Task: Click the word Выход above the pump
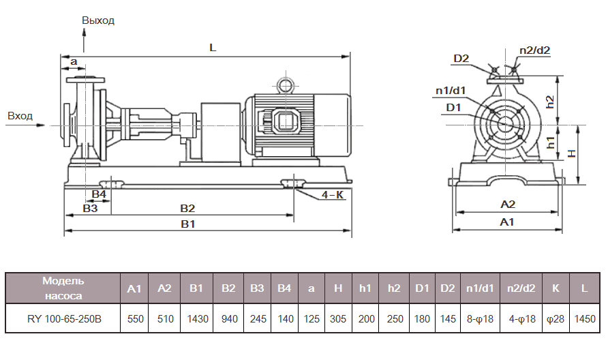pyautogui.click(x=98, y=20)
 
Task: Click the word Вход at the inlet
pyautogui.click(x=20, y=116)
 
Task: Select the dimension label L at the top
pyautogui.click(x=213, y=48)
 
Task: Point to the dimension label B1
pyautogui.click(x=188, y=224)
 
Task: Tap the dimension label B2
pyautogui.click(x=187, y=208)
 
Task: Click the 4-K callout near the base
pyautogui.click(x=333, y=195)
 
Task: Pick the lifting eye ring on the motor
pyautogui.click(x=284, y=84)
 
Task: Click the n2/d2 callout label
pyautogui.click(x=534, y=50)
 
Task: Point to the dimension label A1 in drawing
pyautogui.click(x=507, y=222)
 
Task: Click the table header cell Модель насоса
pyautogui.click(x=63, y=288)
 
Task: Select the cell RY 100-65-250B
pyautogui.click(x=63, y=318)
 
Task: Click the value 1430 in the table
pyautogui.click(x=196, y=318)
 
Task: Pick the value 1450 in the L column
pyautogui.click(x=584, y=318)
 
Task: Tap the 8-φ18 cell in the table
pyautogui.click(x=480, y=318)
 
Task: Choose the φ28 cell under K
pyautogui.click(x=556, y=318)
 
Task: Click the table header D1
pyautogui.click(x=421, y=288)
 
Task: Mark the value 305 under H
pyautogui.click(x=337, y=318)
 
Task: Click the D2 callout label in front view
pyautogui.click(x=461, y=59)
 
